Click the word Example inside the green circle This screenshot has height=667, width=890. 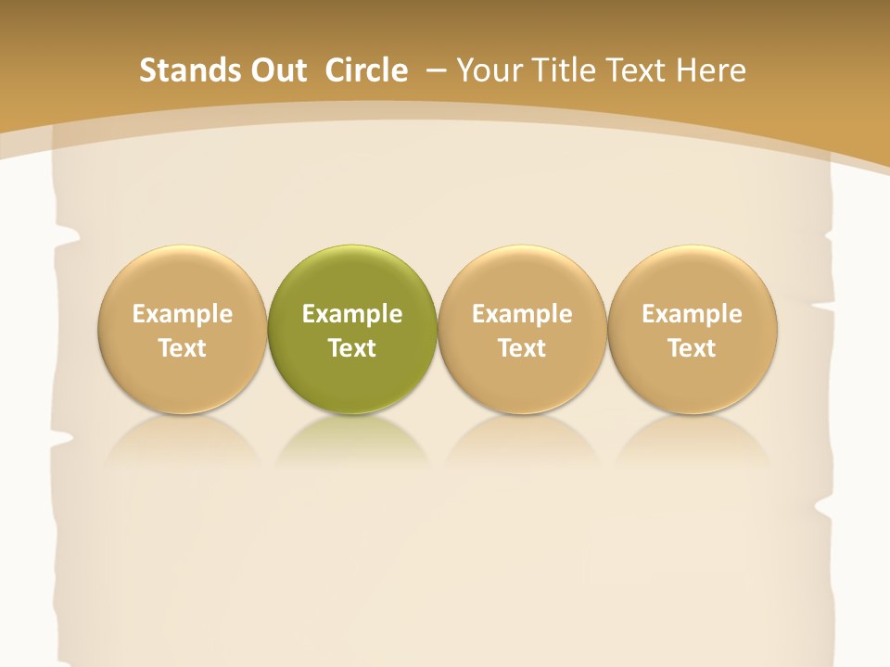click(352, 314)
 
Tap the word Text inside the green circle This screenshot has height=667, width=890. click(352, 348)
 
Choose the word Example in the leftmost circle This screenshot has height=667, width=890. click(183, 314)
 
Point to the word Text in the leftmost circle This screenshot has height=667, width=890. click(183, 348)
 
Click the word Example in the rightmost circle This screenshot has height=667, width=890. click(693, 314)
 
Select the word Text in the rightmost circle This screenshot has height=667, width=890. click(693, 348)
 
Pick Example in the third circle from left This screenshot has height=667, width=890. click(522, 314)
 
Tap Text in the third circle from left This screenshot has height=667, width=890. click(522, 348)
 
